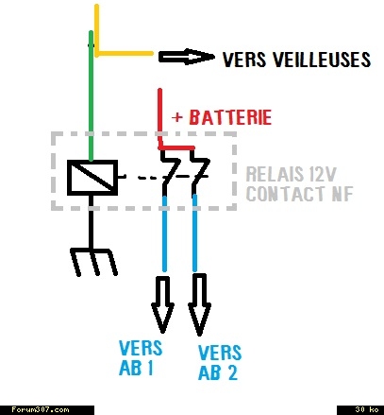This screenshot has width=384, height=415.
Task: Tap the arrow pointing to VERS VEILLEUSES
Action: coord(187,57)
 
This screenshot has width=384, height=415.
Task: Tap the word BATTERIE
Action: coord(230,117)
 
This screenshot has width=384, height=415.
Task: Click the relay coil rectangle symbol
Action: coord(92,178)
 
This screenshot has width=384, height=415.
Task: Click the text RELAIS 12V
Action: coord(292,174)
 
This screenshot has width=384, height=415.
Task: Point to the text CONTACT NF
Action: coord(299,194)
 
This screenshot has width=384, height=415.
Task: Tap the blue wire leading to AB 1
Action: coord(164,233)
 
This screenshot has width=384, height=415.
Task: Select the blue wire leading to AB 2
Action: coord(195,233)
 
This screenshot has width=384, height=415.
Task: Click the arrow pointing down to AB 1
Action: coord(162,304)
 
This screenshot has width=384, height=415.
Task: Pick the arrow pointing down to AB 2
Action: coord(199,305)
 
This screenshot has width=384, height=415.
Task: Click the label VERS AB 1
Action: coord(141,358)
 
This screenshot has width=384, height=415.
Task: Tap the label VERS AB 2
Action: coord(220,362)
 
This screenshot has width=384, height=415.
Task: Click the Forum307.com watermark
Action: coord(41,409)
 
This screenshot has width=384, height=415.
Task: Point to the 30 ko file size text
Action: coord(366,409)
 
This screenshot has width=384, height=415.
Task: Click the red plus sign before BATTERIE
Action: coord(177,117)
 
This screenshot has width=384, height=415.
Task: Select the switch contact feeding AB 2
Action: coord(199,172)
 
